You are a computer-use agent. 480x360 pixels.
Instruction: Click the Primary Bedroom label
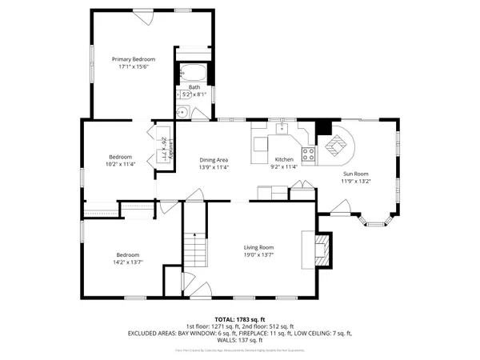click(x=133, y=59)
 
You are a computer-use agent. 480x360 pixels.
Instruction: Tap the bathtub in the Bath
click(x=194, y=74)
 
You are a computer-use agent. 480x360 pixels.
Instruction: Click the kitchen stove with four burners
click(x=307, y=153)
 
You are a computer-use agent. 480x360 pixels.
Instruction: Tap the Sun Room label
click(x=356, y=173)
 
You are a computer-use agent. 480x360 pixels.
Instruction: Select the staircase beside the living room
click(x=197, y=249)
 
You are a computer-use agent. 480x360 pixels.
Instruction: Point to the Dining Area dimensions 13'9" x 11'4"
click(x=214, y=168)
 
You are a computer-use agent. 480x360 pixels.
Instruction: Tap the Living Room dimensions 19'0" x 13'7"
click(x=258, y=255)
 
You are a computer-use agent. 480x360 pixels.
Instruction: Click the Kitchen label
click(x=285, y=160)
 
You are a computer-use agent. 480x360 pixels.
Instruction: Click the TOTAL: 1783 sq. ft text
click(x=240, y=318)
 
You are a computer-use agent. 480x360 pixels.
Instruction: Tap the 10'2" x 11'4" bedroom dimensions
click(x=121, y=164)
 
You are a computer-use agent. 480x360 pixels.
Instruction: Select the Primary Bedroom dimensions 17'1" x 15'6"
click(x=133, y=67)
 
